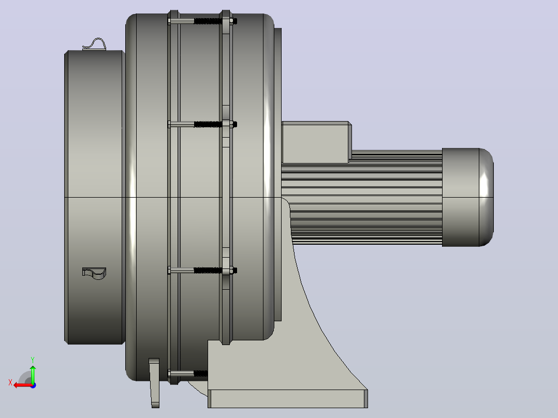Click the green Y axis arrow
[33, 375]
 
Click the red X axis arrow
[23, 385]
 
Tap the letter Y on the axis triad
[33, 360]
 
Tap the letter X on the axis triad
[10, 383]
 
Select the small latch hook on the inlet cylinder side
[94, 273]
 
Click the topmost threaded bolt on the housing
[202, 21]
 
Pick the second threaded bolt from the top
[202, 124]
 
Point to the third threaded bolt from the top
[202, 271]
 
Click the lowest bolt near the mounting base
[187, 374]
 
